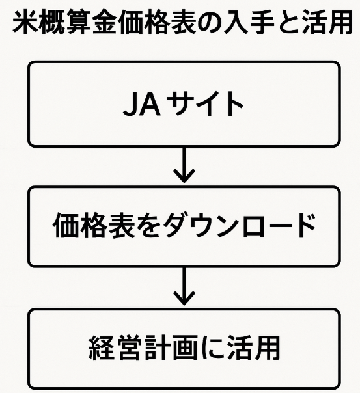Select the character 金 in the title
104,22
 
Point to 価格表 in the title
156,22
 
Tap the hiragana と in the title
288,23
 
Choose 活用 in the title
327,22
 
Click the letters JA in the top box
142,103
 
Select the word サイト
205,103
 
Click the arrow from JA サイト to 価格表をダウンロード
184,165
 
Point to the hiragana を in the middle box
146,226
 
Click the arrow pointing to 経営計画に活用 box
184,286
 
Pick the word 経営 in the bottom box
114,348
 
